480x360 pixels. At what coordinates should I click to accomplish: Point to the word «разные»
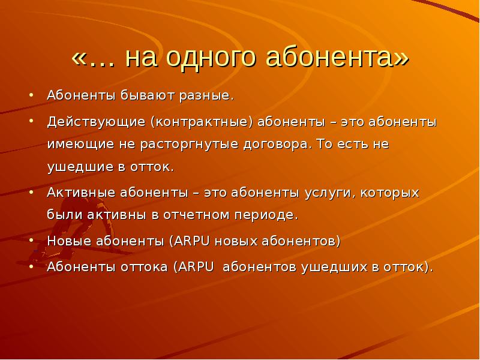(x=206, y=95)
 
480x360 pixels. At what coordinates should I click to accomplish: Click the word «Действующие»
(x=96, y=122)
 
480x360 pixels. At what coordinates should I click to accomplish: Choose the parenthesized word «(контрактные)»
(x=202, y=122)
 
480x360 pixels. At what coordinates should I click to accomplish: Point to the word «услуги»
(x=330, y=193)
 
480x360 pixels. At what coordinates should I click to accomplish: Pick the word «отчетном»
(x=196, y=215)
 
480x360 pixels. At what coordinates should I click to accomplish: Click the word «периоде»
(x=266, y=215)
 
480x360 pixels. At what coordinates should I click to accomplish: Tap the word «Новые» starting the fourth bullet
(x=69, y=241)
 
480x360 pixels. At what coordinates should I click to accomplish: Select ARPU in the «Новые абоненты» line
(x=192, y=241)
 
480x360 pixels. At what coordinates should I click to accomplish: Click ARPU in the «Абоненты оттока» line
(x=196, y=267)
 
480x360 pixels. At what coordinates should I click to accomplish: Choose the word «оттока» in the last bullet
(x=144, y=267)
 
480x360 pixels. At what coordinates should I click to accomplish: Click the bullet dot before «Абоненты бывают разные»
(x=31, y=95)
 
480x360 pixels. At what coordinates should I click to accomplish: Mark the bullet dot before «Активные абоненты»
(x=31, y=193)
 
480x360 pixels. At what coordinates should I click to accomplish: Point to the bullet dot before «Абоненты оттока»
(x=31, y=266)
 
